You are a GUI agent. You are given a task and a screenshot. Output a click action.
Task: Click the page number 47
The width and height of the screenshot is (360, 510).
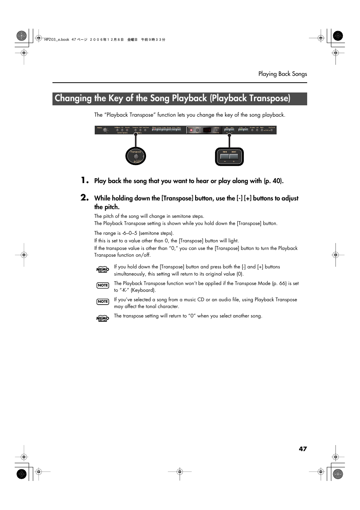pos(303,449)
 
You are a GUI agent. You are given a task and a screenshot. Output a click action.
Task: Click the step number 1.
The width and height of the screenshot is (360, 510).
pos(85,180)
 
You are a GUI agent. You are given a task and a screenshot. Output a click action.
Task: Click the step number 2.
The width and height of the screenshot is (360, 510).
pos(85,197)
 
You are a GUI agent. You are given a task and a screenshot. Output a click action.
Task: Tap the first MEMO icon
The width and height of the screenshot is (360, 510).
pos(102,269)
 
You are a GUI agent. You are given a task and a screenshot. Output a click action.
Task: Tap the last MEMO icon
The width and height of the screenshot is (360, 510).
pos(102,318)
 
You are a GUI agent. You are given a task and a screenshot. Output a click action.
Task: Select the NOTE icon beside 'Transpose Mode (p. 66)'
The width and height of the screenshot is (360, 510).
pos(103,285)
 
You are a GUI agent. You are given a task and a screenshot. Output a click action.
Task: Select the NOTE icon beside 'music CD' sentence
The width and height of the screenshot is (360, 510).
pos(103,302)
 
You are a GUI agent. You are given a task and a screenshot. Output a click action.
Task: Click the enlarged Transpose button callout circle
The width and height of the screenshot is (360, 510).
pos(135,156)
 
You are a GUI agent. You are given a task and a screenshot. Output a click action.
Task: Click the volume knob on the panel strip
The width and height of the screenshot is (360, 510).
pos(105,130)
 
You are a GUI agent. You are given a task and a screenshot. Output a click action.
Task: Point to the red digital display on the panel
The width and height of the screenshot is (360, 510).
pos(207,130)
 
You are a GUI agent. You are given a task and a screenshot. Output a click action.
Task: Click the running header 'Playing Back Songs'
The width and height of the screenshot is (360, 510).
pos(282,74)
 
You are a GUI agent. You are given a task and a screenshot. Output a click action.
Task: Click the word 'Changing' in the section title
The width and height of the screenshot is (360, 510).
pos(73,99)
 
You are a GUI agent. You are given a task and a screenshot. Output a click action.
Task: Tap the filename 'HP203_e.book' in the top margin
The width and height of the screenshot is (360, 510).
pos(57,40)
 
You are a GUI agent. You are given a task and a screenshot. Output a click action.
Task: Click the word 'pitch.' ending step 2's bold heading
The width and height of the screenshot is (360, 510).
pos(112,207)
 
